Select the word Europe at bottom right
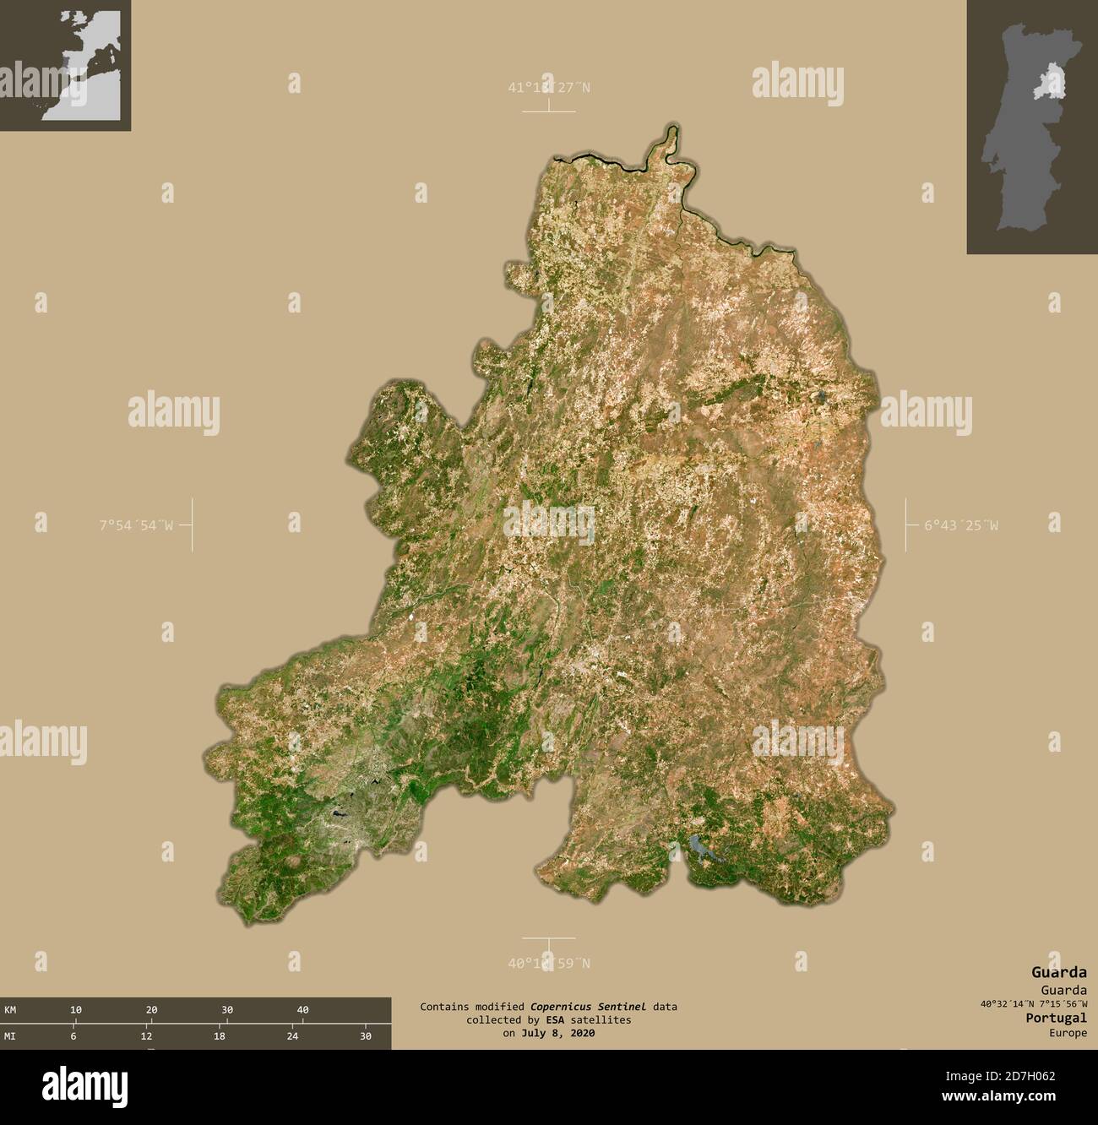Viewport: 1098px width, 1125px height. [x=1068, y=1033]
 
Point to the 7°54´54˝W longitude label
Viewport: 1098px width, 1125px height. [x=136, y=525]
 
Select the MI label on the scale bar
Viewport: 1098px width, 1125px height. [x=10, y=1035]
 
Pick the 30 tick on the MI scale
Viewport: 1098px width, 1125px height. [x=366, y=1035]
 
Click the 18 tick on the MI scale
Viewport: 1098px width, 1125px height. [x=220, y=1035]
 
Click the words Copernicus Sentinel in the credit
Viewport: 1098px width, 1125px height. [x=589, y=1006]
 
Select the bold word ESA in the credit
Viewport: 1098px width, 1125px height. [x=530, y=1019]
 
